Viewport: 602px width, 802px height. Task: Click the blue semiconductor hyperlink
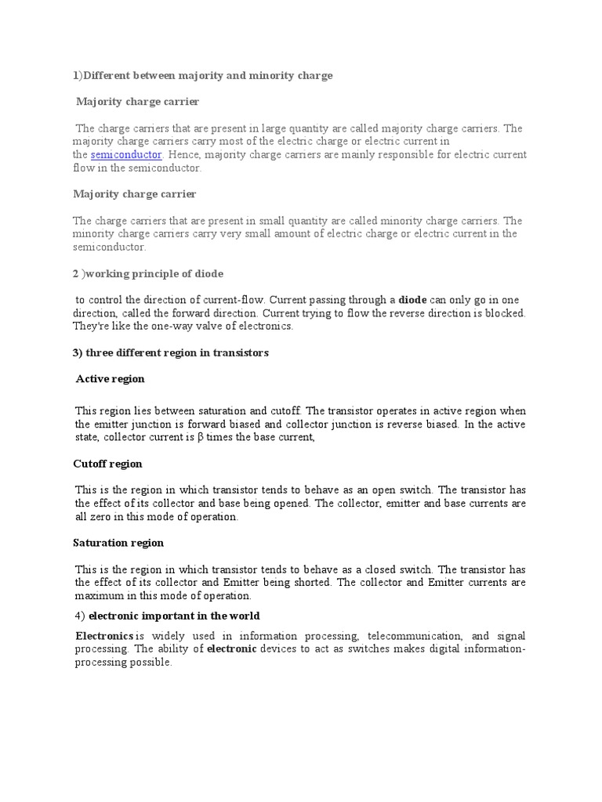126,155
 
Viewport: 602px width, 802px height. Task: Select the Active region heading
111,379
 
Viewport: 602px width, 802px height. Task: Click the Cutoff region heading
107,464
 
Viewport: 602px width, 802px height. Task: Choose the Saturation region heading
118,542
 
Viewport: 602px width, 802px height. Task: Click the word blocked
506,313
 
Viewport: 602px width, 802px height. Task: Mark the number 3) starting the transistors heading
78,352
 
